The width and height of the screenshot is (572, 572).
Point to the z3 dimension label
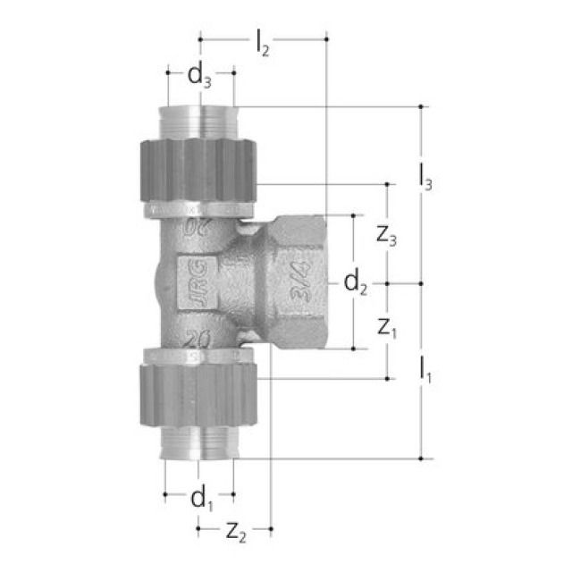(386, 237)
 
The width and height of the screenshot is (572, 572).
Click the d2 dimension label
(356, 283)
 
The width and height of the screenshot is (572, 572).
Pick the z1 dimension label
(386, 328)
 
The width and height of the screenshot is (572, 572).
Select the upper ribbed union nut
(198, 170)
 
